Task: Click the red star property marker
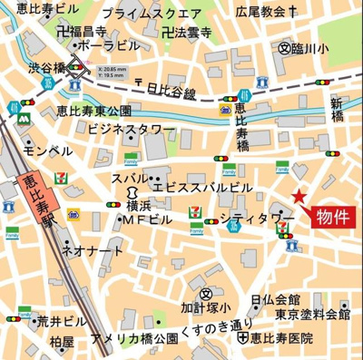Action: (x=297, y=198)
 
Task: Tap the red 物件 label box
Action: (x=334, y=218)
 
